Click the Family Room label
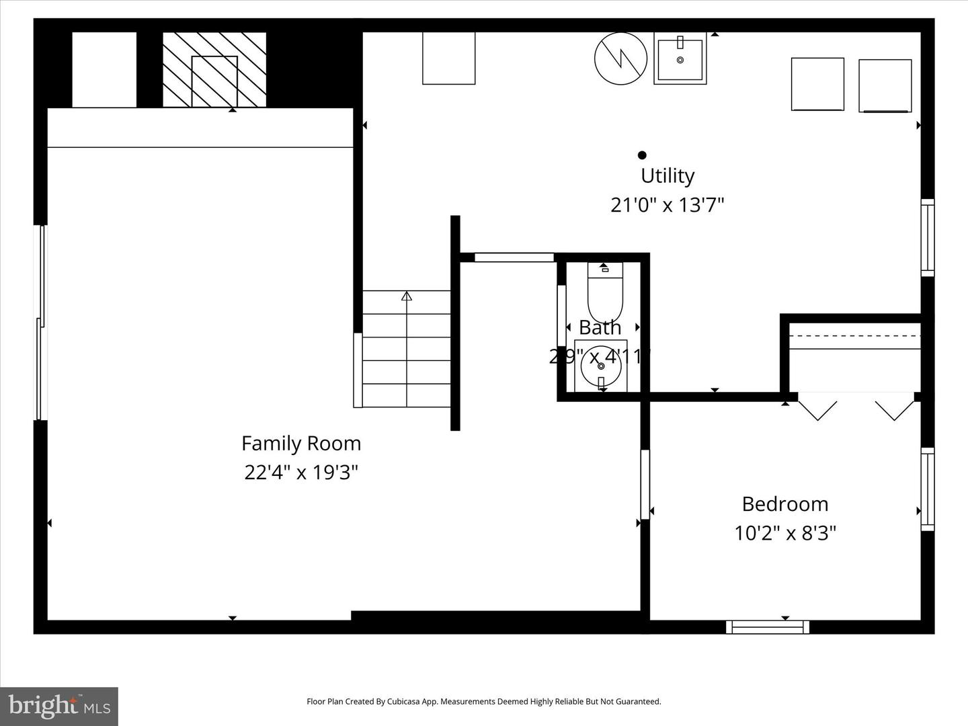301,444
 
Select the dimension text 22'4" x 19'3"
301,473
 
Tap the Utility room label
667,175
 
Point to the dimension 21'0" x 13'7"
667,205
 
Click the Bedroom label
784,504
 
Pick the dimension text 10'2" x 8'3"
784,533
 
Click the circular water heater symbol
620,58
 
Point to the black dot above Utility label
642,155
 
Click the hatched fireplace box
214,70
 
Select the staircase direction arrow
406,296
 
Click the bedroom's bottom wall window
767,627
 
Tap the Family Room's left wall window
40,323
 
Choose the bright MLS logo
59,706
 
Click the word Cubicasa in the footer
403,702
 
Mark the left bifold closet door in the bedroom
817,409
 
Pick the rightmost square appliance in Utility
885,85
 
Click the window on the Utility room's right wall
927,237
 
